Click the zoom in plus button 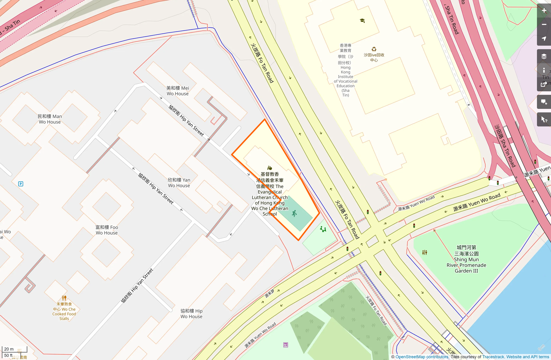pyautogui.click(x=544, y=11)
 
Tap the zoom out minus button pyautogui.click(x=544, y=25)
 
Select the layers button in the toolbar pyautogui.click(x=544, y=56)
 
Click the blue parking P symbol pyautogui.click(x=21, y=184)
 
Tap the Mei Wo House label pyautogui.click(x=178, y=91)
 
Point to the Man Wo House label pyautogui.click(x=50, y=119)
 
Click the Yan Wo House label pyautogui.click(x=179, y=183)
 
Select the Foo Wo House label pyautogui.click(x=107, y=230)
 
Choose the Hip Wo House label pyautogui.click(x=192, y=314)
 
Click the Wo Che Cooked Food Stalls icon pyautogui.click(x=64, y=298)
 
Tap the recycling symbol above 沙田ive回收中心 pyautogui.click(x=374, y=49)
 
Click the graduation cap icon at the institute pyautogui.click(x=362, y=20)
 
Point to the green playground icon pyautogui.click(x=323, y=229)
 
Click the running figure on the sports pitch pyautogui.click(x=295, y=213)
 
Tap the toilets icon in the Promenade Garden pyautogui.click(x=425, y=252)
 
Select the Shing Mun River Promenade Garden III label pyautogui.click(x=466, y=259)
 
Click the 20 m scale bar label pyautogui.click(x=9, y=349)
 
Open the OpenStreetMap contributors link pyautogui.click(x=422, y=357)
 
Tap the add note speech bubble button pyautogui.click(x=544, y=102)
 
